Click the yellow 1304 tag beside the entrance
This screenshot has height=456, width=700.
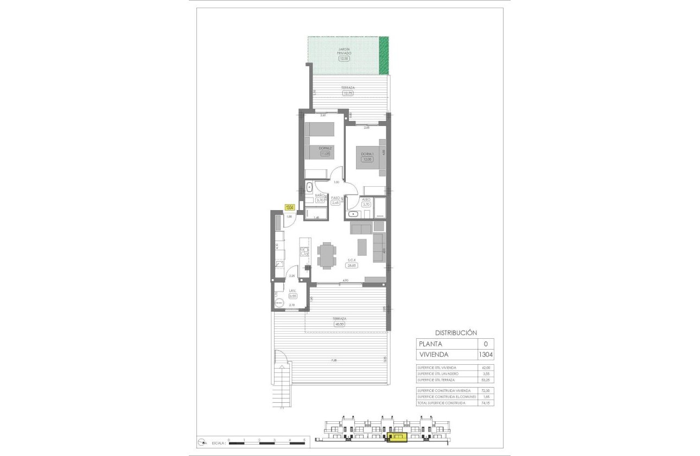point(290,207)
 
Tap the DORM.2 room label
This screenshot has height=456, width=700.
point(325,148)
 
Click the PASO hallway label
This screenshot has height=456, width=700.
point(335,198)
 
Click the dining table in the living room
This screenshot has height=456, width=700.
point(327,255)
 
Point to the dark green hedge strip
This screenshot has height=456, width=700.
point(384,55)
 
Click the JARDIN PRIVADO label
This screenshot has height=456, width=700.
point(345,51)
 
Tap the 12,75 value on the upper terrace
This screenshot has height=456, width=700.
point(348,93)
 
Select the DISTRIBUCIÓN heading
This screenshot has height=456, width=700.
point(455,332)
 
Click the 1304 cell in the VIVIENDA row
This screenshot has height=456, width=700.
point(486,354)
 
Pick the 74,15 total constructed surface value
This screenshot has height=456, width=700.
point(486,403)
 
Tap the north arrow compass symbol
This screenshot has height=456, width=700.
point(202,441)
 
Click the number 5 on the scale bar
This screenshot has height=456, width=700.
point(304,439)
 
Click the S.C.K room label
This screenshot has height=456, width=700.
point(352,260)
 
